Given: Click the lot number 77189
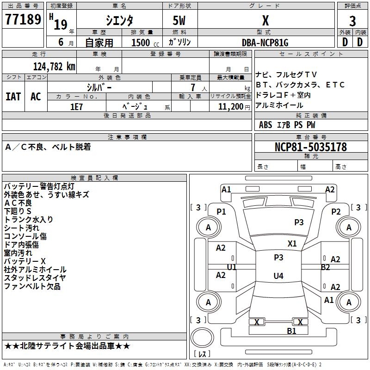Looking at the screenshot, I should [23, 20].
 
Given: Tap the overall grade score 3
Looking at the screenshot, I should [352, 21].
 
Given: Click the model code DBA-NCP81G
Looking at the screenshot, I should [265, 43].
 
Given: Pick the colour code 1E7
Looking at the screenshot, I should [76, 106].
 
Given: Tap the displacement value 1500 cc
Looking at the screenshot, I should [143, 43].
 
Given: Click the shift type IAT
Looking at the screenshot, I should [13, 97].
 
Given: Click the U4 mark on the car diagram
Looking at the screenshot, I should [278, 276].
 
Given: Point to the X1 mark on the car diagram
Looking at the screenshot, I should [292, 244].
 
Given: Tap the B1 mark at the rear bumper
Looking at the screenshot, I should [291, 331].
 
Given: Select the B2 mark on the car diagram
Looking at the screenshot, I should [326, 267].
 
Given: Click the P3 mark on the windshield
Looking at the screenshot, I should [299, 222].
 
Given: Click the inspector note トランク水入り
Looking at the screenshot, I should [29, 220].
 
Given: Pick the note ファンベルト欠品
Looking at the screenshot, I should [32, 286].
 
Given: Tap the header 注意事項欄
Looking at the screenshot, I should [127, 137].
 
